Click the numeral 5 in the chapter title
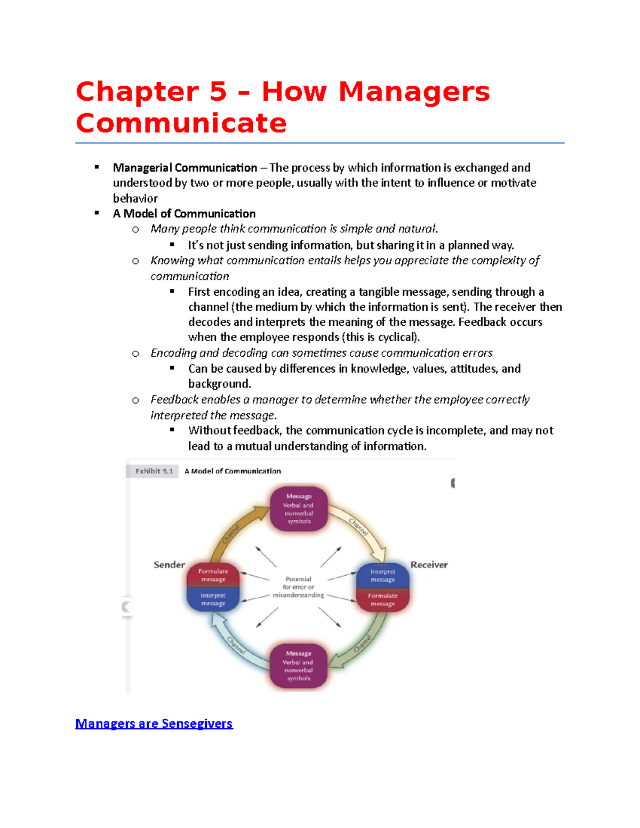(218, 91)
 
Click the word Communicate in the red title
(181, 123)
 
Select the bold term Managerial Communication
(185, 168)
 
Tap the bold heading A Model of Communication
(184, 214)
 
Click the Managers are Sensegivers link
(154, 724)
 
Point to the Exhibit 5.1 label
(154, 471)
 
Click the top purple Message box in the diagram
(299, 509)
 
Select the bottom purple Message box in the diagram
(298, 666)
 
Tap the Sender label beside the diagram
(169, 565)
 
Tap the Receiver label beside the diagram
(429, 565)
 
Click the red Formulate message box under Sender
(213, 575)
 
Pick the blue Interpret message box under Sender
(213, 599)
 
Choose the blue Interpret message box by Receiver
(382, 575)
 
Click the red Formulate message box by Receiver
(382, 600)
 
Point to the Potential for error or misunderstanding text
(298, 587)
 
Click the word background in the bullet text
(219, 384)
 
